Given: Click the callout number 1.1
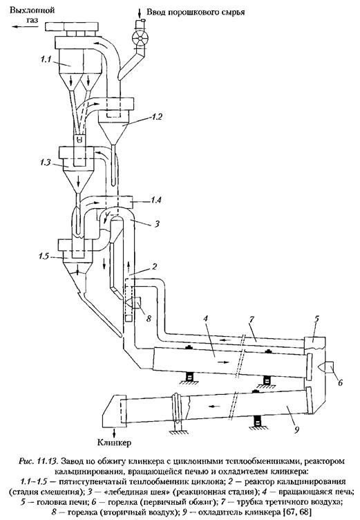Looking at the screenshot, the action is click(45, 59).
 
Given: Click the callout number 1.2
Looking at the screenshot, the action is click(156, 116).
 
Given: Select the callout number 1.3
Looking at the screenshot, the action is click(45, 162).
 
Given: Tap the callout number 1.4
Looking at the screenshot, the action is click(155, 200).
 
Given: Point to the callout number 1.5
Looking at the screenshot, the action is click(43, 257).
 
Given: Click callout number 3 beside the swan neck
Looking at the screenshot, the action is click(157, 224).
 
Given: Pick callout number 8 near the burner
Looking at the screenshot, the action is click(149, 318).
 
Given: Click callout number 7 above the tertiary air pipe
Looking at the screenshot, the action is click(252, 319).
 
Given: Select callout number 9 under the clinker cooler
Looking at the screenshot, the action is click(297, 429).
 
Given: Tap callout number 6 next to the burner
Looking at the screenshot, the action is click(340, 382).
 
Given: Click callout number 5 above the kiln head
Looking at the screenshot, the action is click(316, 319).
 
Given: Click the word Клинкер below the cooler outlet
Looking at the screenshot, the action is click(115, 443).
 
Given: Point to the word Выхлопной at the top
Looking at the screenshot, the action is click(32, 10).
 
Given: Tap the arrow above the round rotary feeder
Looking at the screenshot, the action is click(140, 13).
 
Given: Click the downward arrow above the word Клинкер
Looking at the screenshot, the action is click(115, 432).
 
